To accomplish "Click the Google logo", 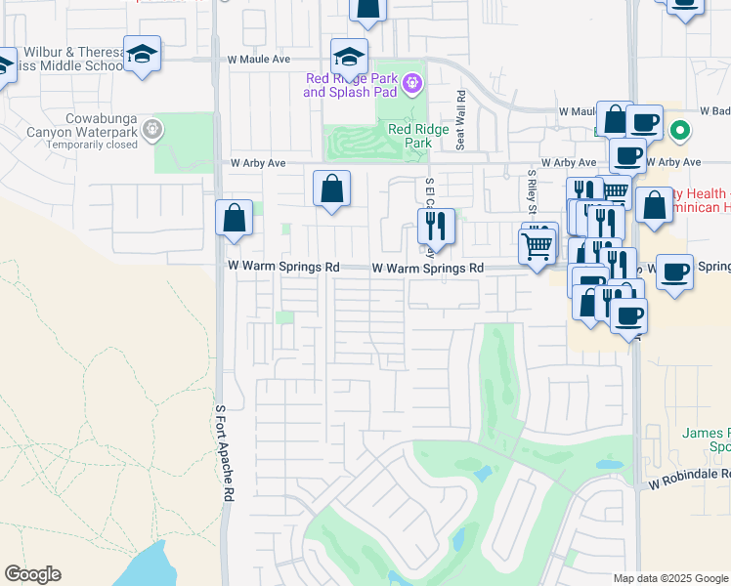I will pyautogui.click(x=32, y=574).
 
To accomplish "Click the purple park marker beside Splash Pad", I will pyautogui.click(x=412, y=85).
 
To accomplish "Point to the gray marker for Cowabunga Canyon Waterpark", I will pyautogui.click(x=151, y=128).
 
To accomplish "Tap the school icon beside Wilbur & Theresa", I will pyautogui.click(x=142, y=55).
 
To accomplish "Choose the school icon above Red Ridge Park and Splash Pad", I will pyautogui.click(x=349, y=57).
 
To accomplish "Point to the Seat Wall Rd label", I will pyautogui.click(x=460, y=121).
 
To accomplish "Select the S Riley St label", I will pyautogui.click(x=531, y=186).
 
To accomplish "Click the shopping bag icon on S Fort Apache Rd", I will pyautogui.click(x=235, y=219).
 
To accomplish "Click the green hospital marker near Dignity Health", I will pyautogui.click(x=681, y=130).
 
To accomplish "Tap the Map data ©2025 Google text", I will pyautogui.click(x=668, y=578).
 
